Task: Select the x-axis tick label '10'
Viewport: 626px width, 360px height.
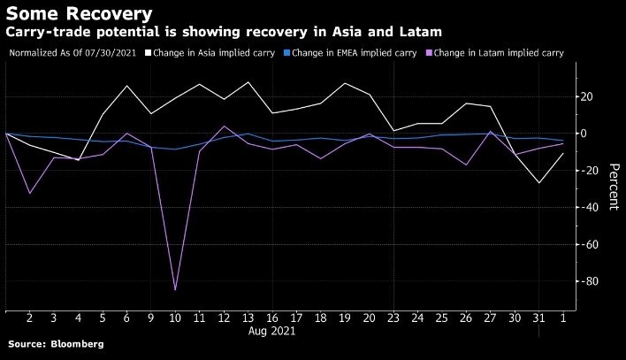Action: (x=174, y=318)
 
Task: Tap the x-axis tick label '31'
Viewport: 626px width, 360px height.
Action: (x=538, y=318)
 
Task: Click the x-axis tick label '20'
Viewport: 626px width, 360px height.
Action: (x=369, y=318)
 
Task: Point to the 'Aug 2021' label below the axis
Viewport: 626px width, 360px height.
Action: (x=271, y=332)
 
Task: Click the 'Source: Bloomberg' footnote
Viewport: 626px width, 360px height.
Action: (x=55, y=343)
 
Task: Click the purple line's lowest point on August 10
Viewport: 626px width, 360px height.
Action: (x=174, y=290)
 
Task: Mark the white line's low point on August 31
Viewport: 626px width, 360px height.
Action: (x=538, y=183)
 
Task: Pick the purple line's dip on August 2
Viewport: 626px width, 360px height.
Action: (x=30, y=193)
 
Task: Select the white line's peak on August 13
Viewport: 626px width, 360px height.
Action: (x=247, y=82)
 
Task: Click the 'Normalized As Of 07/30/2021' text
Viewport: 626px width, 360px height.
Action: (x=72, y=53)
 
